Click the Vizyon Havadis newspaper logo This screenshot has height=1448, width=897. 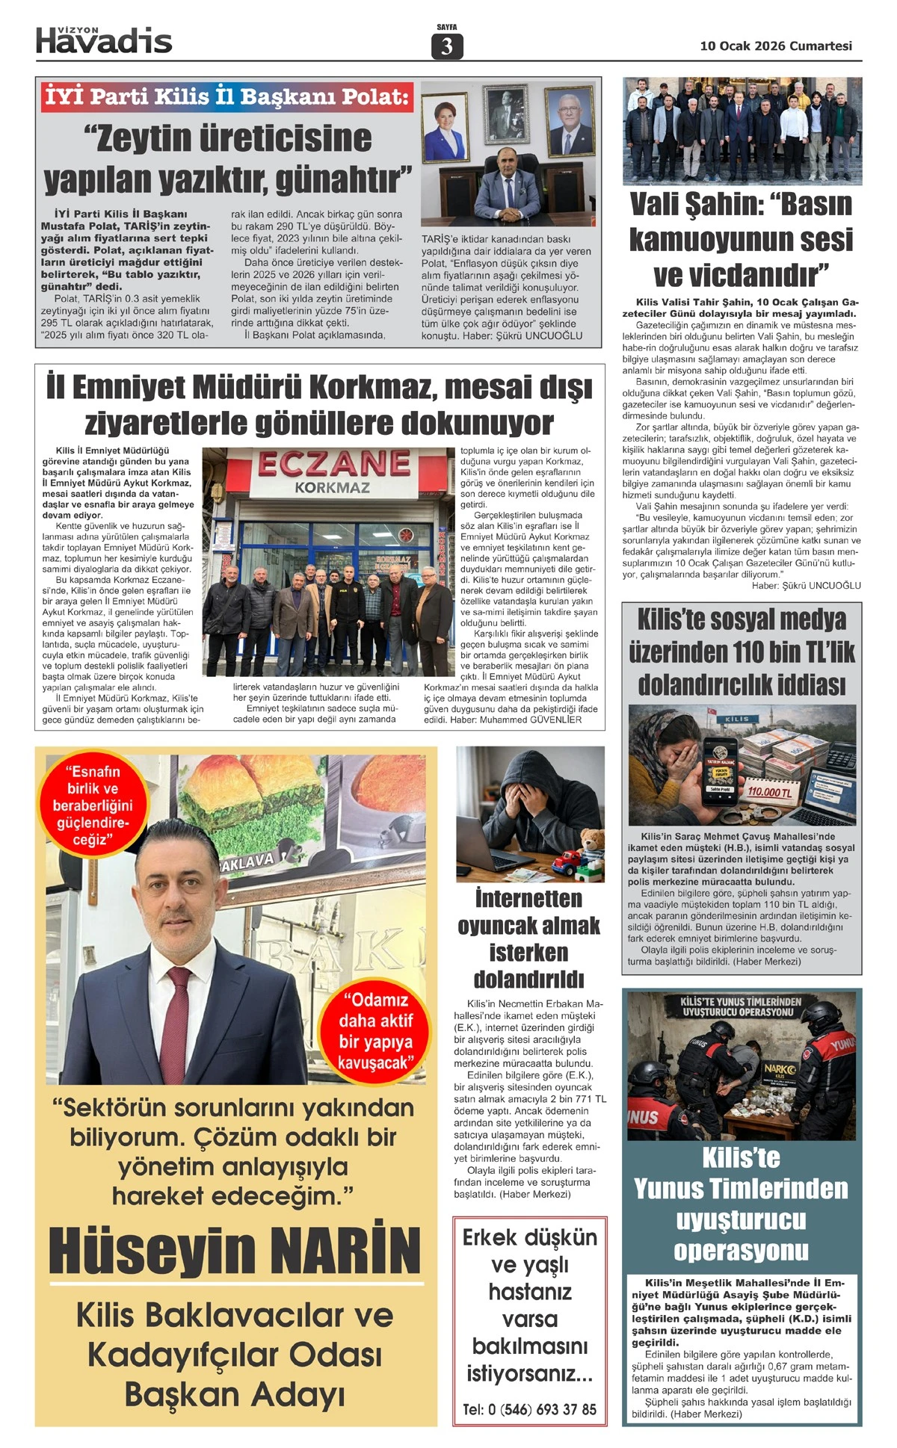(x=104, y=40)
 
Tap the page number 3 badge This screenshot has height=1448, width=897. (x=447, y=46)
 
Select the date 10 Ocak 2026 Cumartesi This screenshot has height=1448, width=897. (x=775, y=46)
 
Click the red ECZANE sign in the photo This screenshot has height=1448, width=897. (x=334, y=464)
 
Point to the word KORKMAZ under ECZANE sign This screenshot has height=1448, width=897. (x=332, y=488)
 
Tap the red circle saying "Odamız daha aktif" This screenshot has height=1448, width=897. (x=375, y=1031)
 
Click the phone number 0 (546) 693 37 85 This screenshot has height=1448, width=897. (x=529, y=1409)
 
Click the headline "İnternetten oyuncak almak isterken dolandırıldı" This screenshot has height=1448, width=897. (x=529, y=938)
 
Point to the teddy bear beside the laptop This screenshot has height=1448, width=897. (x=591, y=841)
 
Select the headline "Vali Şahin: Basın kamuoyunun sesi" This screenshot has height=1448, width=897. (x=741, y=239)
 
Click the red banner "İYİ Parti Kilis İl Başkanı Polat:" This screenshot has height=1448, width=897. (x=226, y=96)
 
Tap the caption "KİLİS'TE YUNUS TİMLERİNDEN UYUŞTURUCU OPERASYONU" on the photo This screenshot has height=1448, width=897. (x=741, y=1006)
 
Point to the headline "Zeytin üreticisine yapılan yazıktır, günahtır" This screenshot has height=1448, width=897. (x=228, y=158)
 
